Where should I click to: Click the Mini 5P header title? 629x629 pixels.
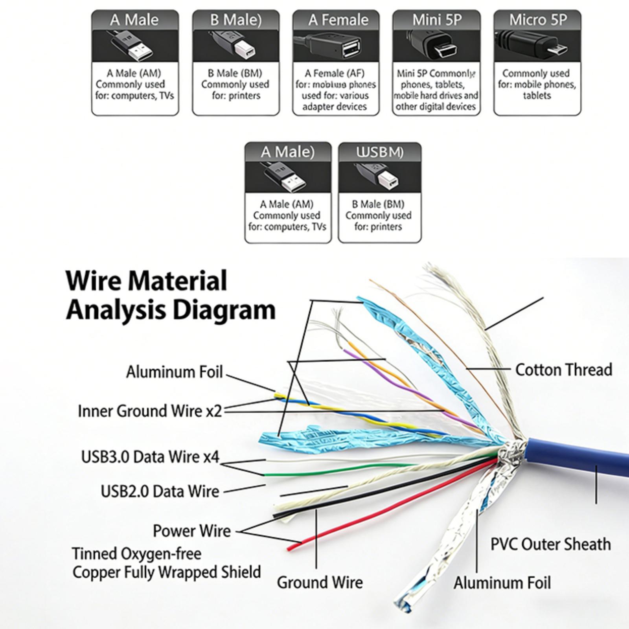pos(437,20)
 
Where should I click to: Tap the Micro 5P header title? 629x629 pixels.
pos(538,20)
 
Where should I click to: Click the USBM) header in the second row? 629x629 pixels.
pos(380,152)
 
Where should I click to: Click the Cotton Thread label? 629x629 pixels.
pos(563,370)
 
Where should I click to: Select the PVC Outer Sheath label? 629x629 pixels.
pos(550,544)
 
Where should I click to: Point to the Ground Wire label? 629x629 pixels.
pos(320,582)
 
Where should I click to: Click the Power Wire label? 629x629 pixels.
pos(191,531)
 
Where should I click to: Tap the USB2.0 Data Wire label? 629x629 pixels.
pos(160,491)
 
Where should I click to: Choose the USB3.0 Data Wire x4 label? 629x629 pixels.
pos(150,457)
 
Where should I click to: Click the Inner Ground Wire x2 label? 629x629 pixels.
pos(150,411)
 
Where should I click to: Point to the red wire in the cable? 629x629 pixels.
pos(393,507)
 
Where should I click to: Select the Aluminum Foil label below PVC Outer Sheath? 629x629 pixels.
pos(502,583)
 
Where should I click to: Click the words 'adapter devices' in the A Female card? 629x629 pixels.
pos(335,107)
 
